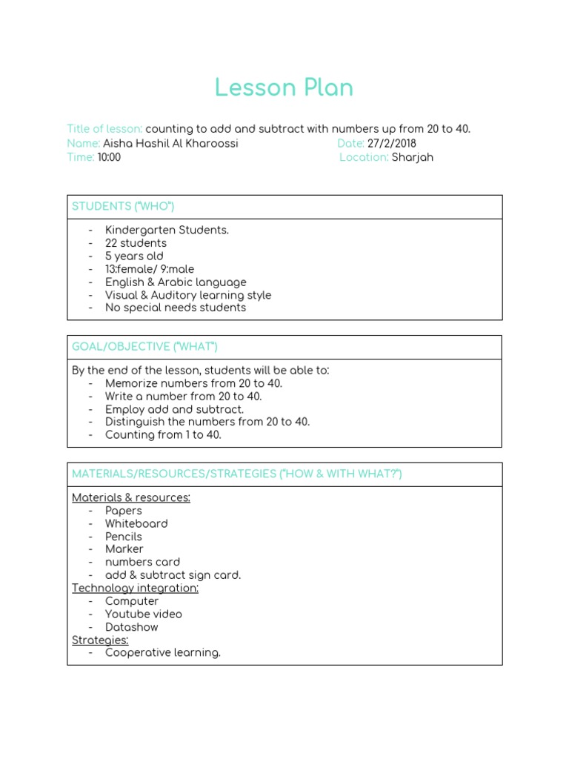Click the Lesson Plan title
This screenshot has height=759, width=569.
284,88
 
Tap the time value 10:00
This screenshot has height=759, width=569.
109,157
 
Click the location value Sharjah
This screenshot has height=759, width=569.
412,157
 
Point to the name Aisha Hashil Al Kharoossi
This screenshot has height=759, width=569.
170,144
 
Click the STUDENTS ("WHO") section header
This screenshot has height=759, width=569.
123,207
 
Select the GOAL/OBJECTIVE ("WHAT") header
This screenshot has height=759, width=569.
144,347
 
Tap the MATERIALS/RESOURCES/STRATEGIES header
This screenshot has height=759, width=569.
236,474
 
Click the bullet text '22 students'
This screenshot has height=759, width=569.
136,243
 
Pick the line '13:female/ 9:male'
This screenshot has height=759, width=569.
150,269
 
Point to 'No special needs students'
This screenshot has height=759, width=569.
176,308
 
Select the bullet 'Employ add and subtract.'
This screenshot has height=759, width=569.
174,409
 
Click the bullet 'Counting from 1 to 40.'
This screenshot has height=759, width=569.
163,435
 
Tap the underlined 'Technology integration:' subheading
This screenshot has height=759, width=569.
135,588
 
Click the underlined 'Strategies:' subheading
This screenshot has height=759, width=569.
100,640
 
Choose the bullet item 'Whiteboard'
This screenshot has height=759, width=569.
136,523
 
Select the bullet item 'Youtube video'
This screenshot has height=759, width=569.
143,614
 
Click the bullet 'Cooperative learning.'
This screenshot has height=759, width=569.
163,653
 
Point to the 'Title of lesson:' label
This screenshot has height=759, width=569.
104,129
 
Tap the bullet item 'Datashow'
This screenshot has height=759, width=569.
132,627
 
